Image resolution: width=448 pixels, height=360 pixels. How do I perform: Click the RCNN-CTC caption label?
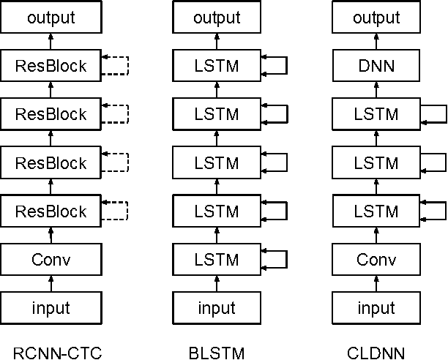(51, 354)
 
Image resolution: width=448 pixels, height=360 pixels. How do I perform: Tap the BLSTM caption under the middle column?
(216, 354)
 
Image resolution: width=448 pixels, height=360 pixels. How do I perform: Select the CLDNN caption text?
(378, 354)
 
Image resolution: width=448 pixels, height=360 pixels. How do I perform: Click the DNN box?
(378, 67)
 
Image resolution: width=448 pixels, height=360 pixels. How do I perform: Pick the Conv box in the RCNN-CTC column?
(51, 260)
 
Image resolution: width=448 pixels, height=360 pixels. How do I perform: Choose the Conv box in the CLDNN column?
(378, 260)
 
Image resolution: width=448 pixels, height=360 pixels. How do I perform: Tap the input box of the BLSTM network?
(216, 307)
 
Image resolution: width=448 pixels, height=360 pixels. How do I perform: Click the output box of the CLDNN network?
(378, 18)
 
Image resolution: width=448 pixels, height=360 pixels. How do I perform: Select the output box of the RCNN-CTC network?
(51, 18)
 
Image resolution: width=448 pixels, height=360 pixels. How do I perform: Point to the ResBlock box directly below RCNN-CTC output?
(51, 67)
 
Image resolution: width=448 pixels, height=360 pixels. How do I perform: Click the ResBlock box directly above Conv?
(51, 211)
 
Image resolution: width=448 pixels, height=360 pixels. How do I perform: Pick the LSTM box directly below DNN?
(378, 115)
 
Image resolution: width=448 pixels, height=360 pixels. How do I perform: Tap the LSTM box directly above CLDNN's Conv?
(378, 211)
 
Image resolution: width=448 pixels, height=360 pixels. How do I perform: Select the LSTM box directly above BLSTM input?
(216, 260)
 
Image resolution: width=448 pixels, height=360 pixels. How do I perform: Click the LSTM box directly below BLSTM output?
(216, 67)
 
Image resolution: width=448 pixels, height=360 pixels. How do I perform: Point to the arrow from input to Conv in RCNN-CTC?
(51, 284)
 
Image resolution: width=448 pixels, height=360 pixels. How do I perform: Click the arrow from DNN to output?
(378, 42)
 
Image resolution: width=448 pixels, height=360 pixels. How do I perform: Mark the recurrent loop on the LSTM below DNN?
(435, 115)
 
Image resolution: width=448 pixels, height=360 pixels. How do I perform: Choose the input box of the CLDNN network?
(378, 307)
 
